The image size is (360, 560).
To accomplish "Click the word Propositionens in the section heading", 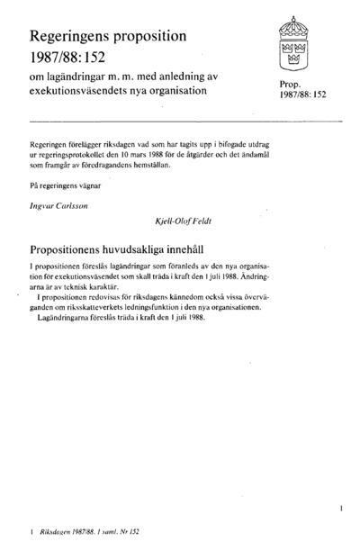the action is point(75,245).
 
